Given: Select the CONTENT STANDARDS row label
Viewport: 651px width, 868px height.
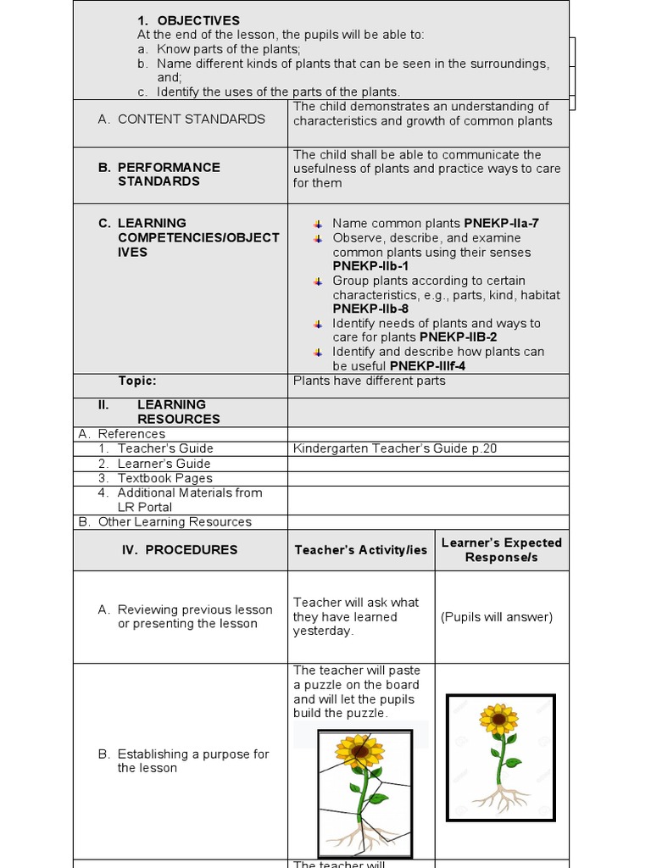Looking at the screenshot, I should tap(191, 120).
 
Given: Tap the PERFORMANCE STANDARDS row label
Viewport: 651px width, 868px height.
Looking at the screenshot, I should tap(169, 174).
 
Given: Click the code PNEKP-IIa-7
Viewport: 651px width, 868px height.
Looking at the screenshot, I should tap(501, 224).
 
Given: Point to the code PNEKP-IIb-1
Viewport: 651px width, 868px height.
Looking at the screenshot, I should tap(370, 266).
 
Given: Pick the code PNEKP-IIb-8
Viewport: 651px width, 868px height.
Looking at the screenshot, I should tap(370, 309).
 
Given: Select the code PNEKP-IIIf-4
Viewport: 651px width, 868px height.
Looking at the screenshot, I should tap(427, 366).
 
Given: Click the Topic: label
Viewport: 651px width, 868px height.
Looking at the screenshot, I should tap(137, 381).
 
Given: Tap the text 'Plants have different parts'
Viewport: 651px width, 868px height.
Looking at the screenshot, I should tap(369, 381).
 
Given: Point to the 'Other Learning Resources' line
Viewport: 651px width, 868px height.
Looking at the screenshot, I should tap(175, 522).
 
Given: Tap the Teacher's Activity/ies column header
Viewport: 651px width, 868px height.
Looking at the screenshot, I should tap(361, 550).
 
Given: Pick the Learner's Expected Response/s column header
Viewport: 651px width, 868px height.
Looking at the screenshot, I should tap(502, 550).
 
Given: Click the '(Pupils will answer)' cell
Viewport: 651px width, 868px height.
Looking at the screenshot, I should tap(497, 617).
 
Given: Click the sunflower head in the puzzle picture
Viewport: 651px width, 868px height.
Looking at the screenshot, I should tap(360, 751).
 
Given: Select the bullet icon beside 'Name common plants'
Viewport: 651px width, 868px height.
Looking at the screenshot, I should tap(318, 224).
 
